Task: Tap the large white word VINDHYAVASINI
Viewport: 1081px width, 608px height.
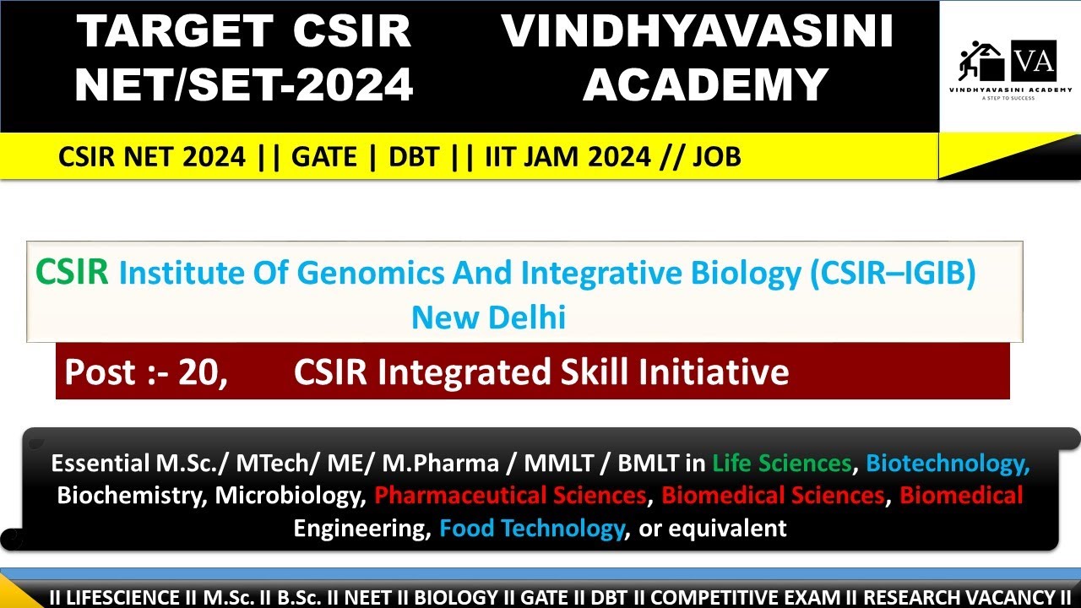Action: point(698,32)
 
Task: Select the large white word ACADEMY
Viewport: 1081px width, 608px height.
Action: point(705,84)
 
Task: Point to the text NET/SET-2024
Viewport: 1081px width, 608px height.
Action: point(244,84)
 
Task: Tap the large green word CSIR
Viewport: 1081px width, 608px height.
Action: point(72,273)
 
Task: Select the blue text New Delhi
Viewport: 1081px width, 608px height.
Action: point(488,318)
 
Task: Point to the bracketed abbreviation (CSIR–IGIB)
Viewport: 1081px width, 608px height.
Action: point(893,274)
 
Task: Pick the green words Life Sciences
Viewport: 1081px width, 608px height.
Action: point(781,463)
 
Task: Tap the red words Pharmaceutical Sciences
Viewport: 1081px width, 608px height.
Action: point(510,495)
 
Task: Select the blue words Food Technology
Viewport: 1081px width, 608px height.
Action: point(531,529)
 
